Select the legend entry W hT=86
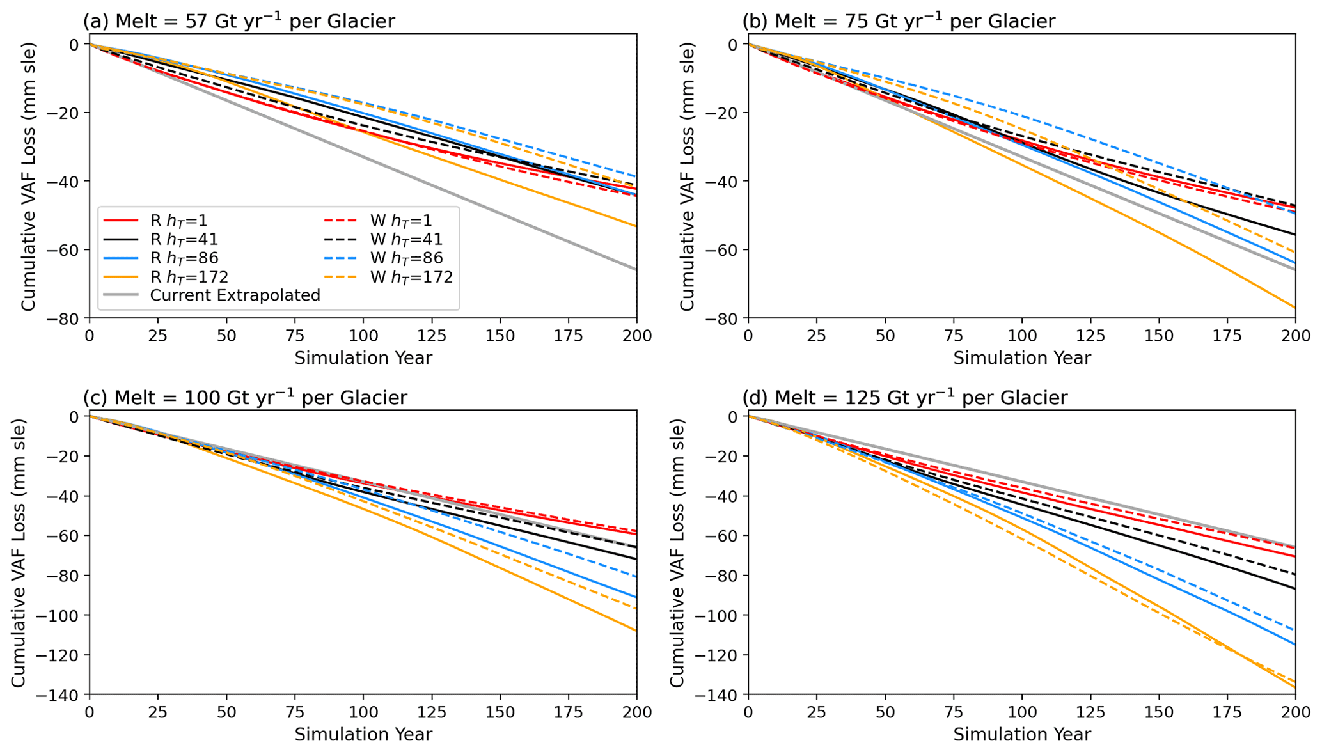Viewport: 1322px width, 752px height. (406, 258)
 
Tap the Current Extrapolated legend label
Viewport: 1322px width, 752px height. (235, 295)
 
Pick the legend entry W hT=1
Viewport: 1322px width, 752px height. (401, 221)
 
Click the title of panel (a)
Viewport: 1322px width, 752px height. (239, 21)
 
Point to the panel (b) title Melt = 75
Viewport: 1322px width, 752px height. (898, 21)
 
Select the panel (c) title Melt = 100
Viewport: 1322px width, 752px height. (245, 397)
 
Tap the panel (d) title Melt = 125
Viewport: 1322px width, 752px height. (904, 397)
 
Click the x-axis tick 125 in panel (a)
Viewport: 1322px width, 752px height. (432, 336)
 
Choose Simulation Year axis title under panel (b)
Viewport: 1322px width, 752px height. (1021, 358)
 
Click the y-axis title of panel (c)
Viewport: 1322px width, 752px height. (18, 553)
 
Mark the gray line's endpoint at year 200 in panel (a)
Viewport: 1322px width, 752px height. (636, 270)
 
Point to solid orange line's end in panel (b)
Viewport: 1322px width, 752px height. (1294, 308)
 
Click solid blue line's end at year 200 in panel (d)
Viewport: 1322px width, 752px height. (1294, 645)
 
